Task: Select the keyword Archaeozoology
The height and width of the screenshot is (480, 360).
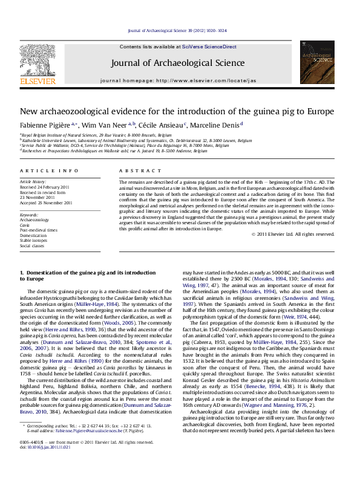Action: pyautogui.click(x=34, y=220)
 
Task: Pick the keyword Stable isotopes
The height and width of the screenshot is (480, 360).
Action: pyautogui.click(x=33, y=241)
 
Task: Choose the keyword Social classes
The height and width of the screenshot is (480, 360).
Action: pyautogui.click(x=33, y=246)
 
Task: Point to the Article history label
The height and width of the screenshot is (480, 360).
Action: pyautogui.click(x=33, y=181)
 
